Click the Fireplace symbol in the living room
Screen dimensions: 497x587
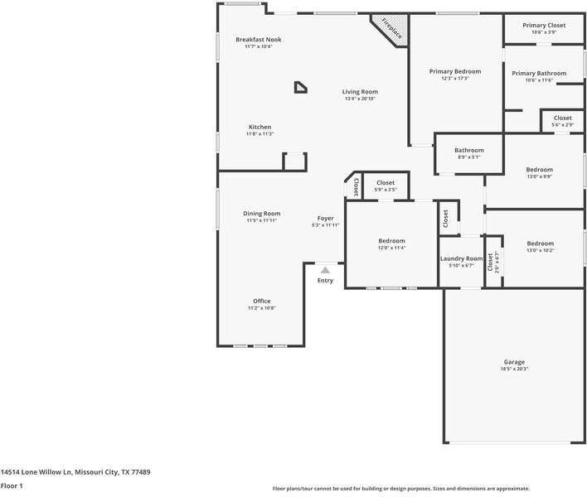(390, 30)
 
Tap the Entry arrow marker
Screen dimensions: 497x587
(325, 270)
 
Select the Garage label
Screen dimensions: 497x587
(514, 362)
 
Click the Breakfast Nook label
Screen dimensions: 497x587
(259, 39)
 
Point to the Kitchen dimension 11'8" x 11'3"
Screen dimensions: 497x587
(260, 134)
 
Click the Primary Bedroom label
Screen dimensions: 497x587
(454, 71)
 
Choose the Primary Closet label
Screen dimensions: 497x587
(544, 25)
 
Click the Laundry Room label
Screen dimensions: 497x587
(461, 258)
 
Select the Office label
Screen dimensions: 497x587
(262, 301)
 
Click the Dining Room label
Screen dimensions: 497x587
(262, 214)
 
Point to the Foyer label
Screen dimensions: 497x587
(325, 219)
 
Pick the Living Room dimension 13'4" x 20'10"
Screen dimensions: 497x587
(361, 99)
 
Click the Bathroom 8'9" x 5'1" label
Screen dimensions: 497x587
(468, 150)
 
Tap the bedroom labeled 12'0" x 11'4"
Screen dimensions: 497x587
(391, 240)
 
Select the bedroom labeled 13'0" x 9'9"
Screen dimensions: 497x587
(539, 170)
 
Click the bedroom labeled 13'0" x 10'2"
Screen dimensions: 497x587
(540, 244)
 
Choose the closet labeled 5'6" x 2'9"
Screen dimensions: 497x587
(563, 118)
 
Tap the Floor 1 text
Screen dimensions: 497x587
(12, 485)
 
